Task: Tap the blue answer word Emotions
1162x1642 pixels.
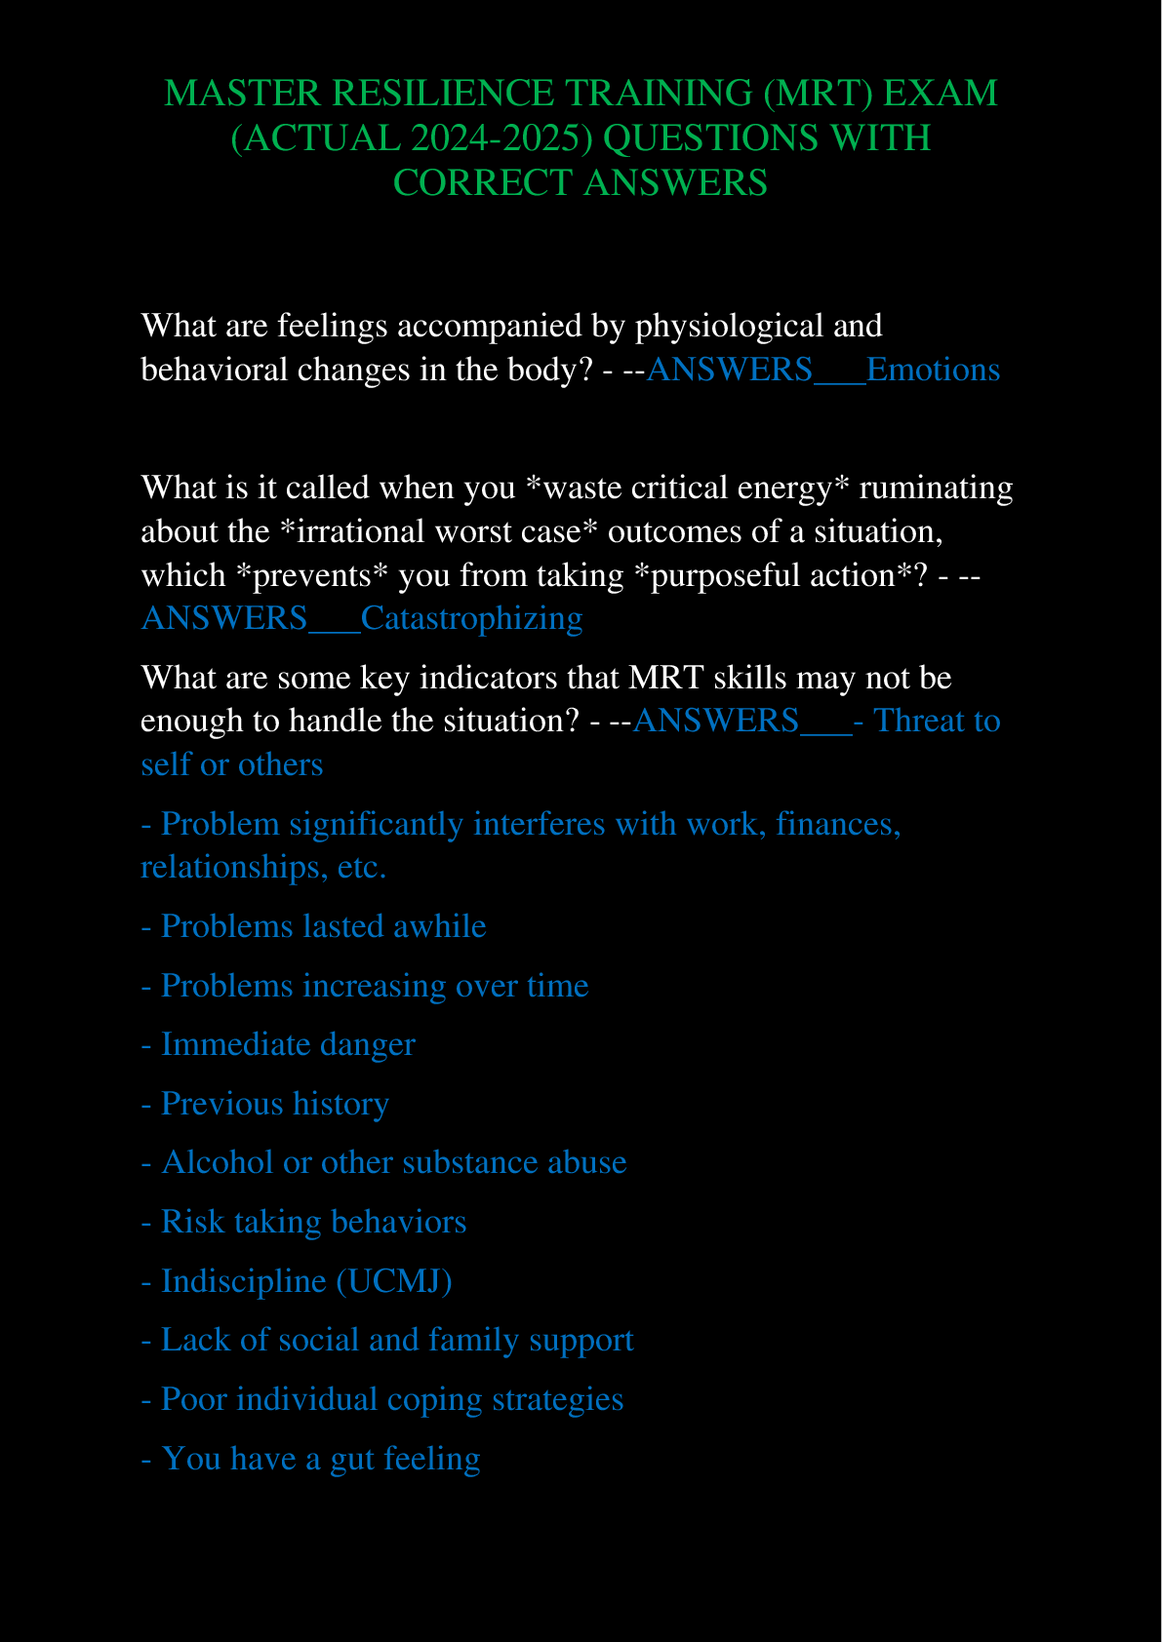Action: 933,370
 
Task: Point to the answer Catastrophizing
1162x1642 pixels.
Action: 471,618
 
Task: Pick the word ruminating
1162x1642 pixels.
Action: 936,487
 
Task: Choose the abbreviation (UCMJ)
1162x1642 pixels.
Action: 393,1280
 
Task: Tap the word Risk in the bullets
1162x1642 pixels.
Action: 193,1222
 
